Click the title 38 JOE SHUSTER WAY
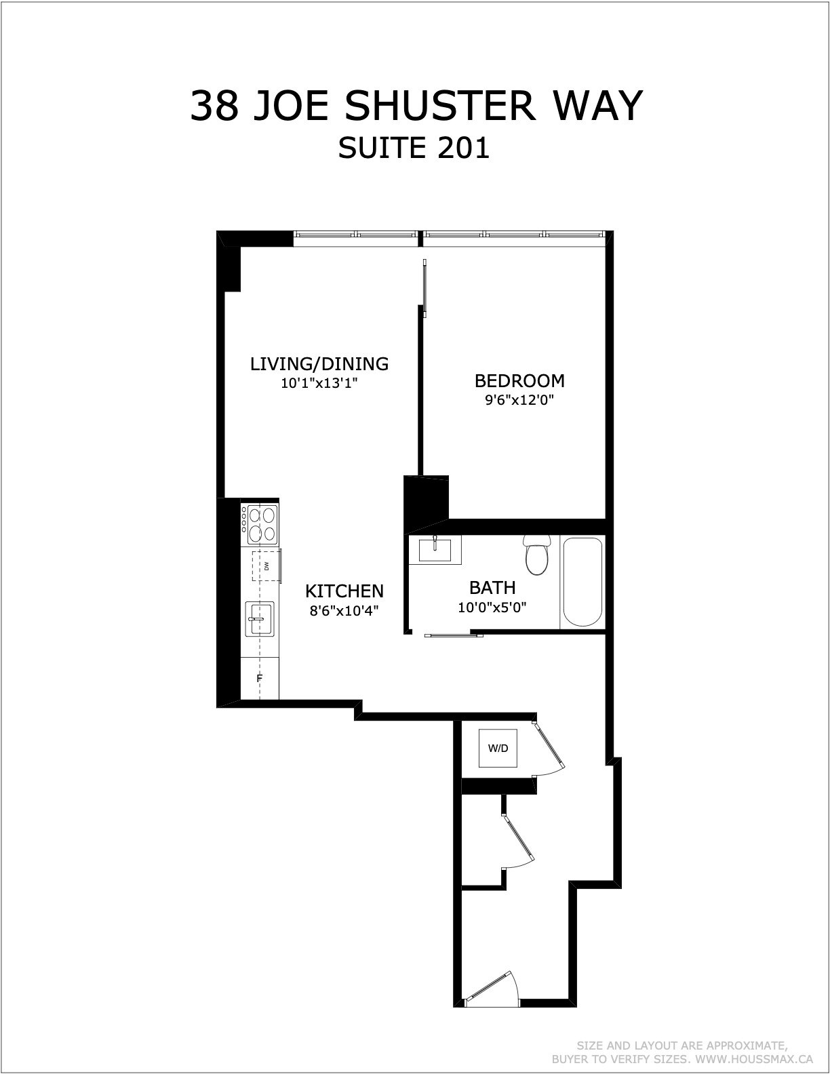click(416, 106)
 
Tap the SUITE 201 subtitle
click(414, 148)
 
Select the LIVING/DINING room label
click(319, 364)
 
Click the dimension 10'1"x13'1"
click(319, 383)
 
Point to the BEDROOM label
click(519, 380)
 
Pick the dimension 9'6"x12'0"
click(519, 400)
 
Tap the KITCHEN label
click(344, 591)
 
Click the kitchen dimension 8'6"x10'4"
click(344, 611)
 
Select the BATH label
click(492, 588)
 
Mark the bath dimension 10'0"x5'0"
click(492, 607)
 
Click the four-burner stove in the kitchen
click(259, 524)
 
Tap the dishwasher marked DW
click(266, 566)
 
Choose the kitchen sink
click(260, 618)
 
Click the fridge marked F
click(260, 678)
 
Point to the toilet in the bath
click(537, 555)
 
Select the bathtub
click(582, 582)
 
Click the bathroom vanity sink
click(435, 550)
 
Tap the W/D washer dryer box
click(498, 748)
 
